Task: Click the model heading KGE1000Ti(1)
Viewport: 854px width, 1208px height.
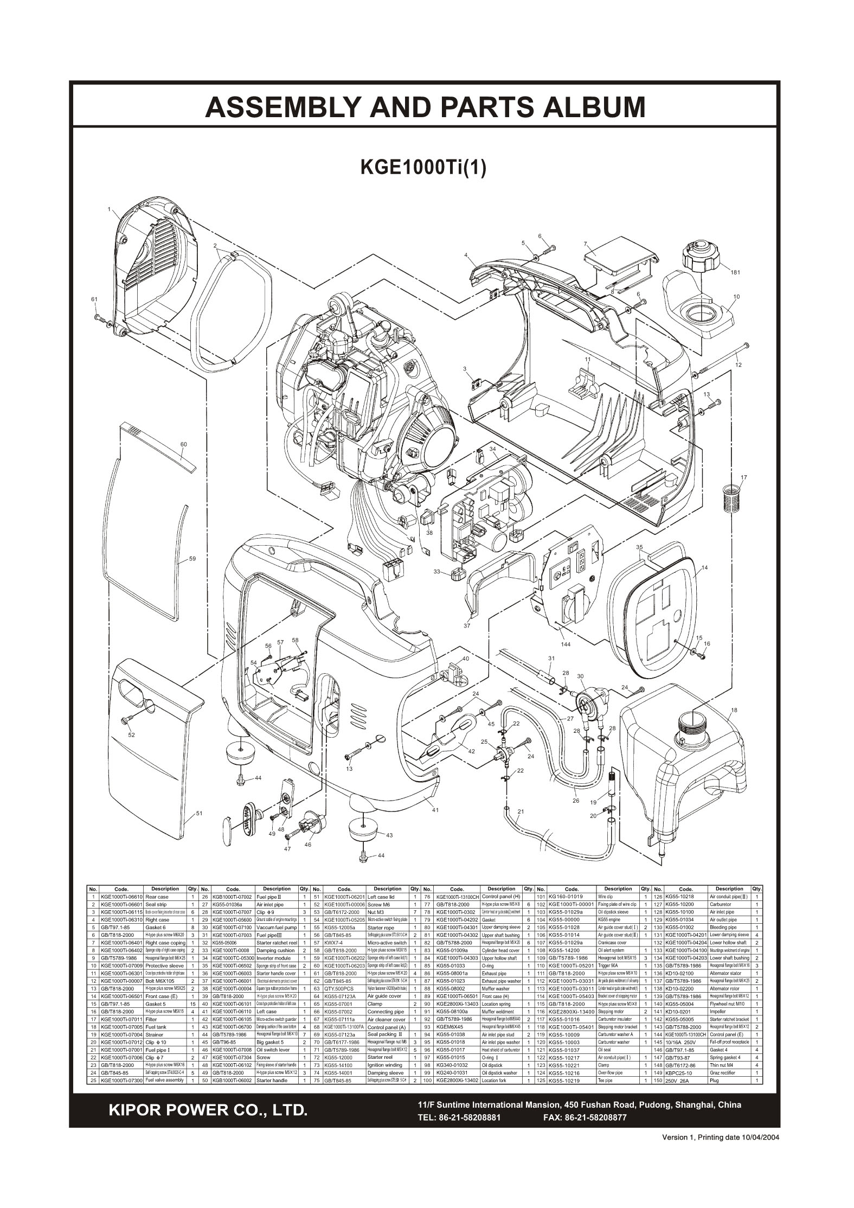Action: click(x=423, y=167)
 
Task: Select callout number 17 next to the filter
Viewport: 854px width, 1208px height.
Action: click(x=743, y=477)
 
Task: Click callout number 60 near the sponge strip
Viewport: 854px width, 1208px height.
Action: click(x=184, y=444)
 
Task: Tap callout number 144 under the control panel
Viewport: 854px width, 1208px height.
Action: click(x=566, y=645)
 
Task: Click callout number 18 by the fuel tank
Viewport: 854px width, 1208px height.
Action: click(x=734, y=710)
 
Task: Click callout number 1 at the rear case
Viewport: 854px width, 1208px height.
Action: click(x=109, y=209)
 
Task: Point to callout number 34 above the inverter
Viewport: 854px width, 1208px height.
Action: click(x=492, y=449)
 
